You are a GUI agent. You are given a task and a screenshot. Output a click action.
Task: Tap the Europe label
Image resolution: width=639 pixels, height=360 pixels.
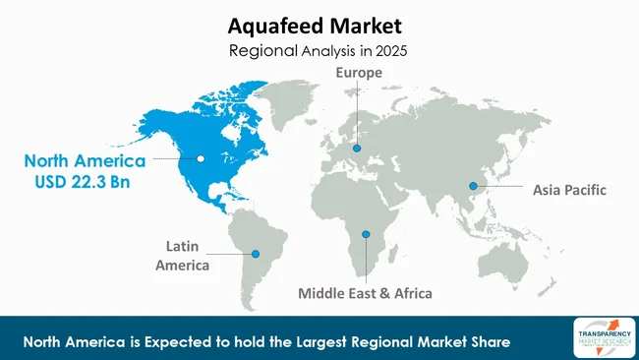pyautogui.click(x=358, y=73)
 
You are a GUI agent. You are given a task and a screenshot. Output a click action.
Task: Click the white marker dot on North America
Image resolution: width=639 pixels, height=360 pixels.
pyautogui.click(x=202, y=158)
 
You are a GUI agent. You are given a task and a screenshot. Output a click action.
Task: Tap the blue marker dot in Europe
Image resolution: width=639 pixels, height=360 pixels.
pyautogui.click(x=358, y=149)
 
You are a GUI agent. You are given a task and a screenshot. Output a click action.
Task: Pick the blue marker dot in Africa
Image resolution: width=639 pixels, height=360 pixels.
pyautogui.click(x=365, y=234)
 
